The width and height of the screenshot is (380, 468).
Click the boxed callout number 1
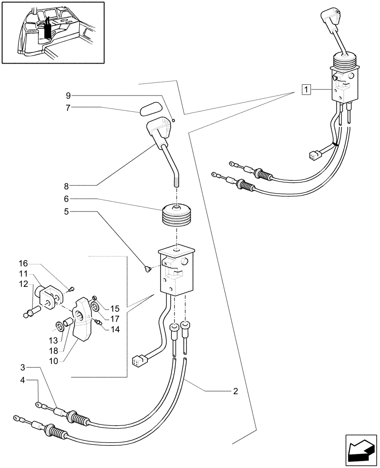[305, 88]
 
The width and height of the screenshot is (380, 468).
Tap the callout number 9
[68, 95]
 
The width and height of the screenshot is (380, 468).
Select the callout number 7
[68, 108]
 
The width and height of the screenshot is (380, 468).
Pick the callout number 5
[68, 211]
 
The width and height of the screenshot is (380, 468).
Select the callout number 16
[24, 263]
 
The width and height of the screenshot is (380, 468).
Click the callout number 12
[24, 284]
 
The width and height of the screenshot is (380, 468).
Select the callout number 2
[235, 391]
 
